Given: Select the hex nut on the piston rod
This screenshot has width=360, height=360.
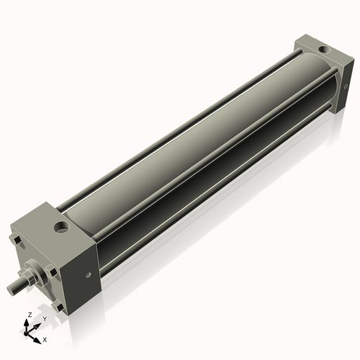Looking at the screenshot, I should (x=32, y=277).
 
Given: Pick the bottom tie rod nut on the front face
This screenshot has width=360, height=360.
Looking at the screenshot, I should (x=58, y=308).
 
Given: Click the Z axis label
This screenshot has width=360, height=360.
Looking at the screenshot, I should (x=27, y=315).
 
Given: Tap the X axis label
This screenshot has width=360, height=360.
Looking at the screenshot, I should (x=45, y=338).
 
